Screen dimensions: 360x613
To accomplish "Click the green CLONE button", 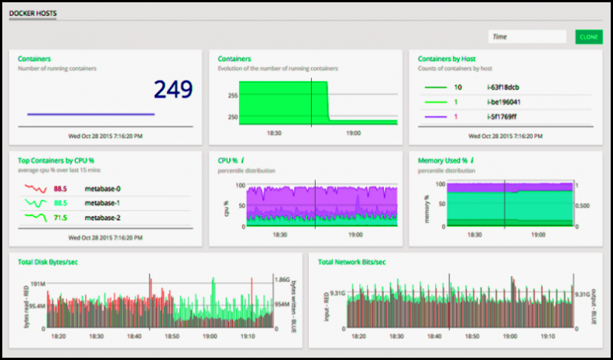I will [x=588, y=37].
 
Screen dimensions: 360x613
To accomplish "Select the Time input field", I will [x=526, y=37].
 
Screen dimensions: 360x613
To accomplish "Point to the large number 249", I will [x=173, y=90].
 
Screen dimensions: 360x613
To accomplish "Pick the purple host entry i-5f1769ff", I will [x=503, y=116].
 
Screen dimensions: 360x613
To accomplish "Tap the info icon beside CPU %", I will [x=242, y=161].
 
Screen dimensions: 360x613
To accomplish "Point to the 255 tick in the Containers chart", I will [x=232, y=96].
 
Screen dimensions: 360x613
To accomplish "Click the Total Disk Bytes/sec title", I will [x=48, y=262].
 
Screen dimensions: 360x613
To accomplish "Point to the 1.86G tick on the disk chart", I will [x=283, y=281].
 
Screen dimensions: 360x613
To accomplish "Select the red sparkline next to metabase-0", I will [x=34, y=188].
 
